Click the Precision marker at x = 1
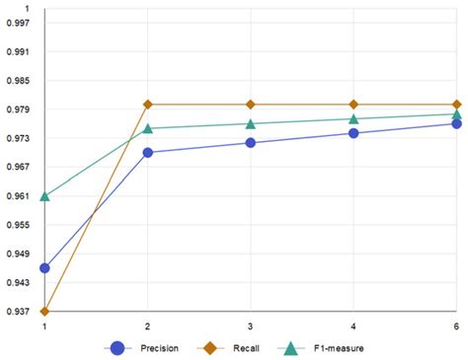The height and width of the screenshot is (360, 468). coord(44,267)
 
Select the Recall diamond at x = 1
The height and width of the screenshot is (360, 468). coord(44,312)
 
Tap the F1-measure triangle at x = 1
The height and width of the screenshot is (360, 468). coord(44,196)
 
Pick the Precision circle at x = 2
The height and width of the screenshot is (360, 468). coord(148,153)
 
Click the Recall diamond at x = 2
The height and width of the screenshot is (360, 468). coord(148,104)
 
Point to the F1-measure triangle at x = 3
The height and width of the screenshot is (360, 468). coord(251,123)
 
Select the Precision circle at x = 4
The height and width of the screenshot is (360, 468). coord(353,133)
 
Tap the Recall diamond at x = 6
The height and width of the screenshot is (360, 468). coord(456,104)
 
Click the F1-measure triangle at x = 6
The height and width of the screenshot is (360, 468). coord(456,113)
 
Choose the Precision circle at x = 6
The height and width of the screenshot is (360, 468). coord(456,123)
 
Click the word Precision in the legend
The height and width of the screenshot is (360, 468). coord(159,348)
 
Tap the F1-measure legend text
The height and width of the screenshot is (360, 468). coord(341,348)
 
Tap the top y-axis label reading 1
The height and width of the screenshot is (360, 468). coord(27,8)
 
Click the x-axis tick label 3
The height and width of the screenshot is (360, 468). coord(251,325)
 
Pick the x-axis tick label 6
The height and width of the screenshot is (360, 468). coord(456,325)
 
